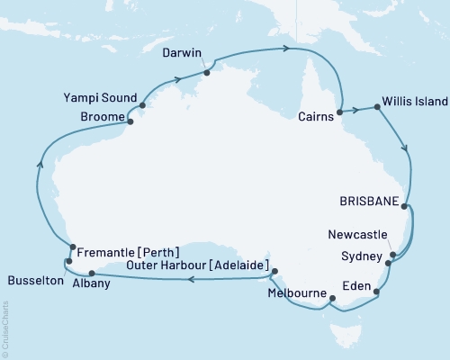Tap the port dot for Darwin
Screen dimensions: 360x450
point(206,71)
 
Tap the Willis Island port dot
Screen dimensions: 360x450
point(374,109)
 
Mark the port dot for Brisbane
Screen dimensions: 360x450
point(405,206)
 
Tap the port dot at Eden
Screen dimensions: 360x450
point(377,292)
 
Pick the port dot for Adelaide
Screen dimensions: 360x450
point(274,271)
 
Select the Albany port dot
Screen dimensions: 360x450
point(92,274)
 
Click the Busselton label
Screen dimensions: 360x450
point(32,281)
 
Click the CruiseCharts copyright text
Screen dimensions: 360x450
point(5,328)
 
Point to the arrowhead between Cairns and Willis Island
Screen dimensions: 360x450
point(357,110)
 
